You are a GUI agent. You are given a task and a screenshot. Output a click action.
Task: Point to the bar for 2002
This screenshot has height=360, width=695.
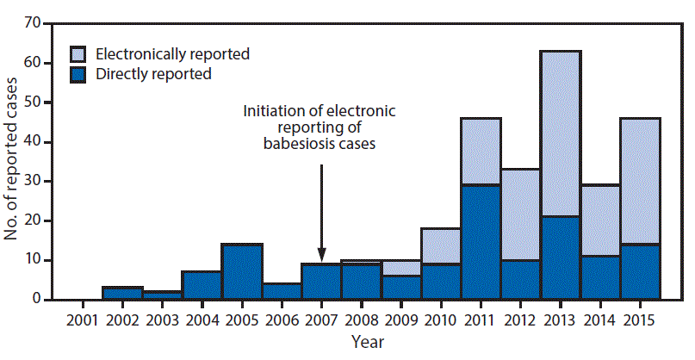coord(121,294)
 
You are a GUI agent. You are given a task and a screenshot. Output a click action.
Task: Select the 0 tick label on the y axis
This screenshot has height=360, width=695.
coord(38,300)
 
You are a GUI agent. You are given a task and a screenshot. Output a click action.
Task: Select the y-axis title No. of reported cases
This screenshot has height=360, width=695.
coord(12,162)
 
